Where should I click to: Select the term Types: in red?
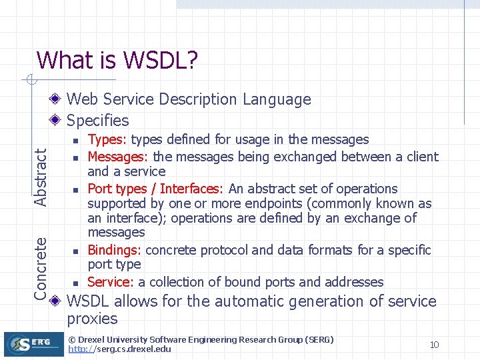tap(108, 139)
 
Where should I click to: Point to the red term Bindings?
tap(115, 250)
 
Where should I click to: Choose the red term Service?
tap(111, 282)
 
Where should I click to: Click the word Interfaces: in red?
tap(192, 189)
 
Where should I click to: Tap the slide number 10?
tap(434, 345)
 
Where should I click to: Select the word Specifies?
tap(98, 121)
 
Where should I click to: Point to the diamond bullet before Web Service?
tap(57, 100)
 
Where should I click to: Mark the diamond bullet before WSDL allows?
tap(57, 301)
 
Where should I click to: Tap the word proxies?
tap(92, 319)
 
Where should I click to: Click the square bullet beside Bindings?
tap(76, 251)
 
